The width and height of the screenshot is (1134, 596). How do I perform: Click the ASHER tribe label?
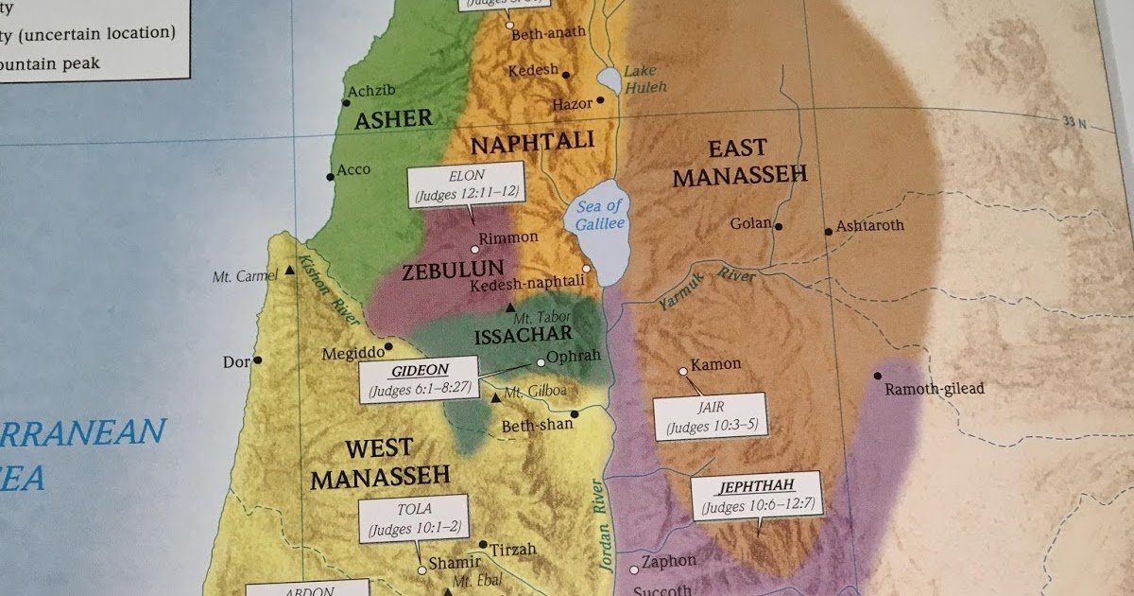393,120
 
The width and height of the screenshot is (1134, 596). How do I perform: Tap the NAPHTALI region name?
532,142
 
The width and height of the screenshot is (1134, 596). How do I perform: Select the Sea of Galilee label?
600,215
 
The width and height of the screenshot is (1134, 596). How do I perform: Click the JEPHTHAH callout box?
756,497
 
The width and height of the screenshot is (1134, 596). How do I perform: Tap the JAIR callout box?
710,416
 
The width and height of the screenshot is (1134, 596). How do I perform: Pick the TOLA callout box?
413,517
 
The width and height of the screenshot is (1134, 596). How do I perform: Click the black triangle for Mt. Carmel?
289,272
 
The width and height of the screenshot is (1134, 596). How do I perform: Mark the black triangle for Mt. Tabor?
511,307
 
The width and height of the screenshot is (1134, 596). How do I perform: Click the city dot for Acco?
330,176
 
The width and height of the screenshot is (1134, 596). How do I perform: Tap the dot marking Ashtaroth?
829,231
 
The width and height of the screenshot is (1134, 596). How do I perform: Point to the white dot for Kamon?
682,371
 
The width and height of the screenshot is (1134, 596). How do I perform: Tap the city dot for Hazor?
600,100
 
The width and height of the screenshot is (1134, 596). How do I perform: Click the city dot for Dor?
257,360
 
